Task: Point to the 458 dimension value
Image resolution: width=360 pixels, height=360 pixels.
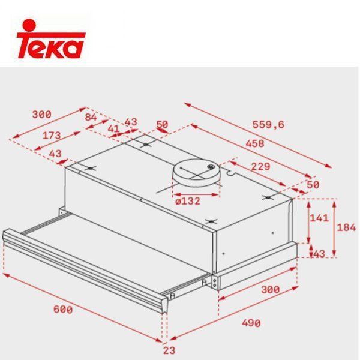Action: click(x=256, y=144)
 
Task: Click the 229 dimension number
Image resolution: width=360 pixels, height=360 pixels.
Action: click(x=259, y=166)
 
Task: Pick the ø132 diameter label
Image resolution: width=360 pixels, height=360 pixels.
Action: click(x=187, y=200)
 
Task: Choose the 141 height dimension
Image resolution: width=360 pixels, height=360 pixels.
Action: click(x=319, y=218)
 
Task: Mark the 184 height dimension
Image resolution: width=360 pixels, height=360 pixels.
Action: click(x=347, y=227)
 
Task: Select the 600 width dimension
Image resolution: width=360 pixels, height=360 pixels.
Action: click(x=62, y=310)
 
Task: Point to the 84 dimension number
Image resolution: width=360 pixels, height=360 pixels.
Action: click(x=91, y=117)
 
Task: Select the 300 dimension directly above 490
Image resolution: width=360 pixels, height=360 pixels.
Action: click(x=270, y=289)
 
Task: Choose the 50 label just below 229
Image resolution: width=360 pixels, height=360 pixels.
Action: click(x=313, y=184)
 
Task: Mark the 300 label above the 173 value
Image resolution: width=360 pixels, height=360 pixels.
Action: click(x=41, y=114)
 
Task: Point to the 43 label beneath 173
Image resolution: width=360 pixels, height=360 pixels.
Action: click(x=55, y=154)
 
